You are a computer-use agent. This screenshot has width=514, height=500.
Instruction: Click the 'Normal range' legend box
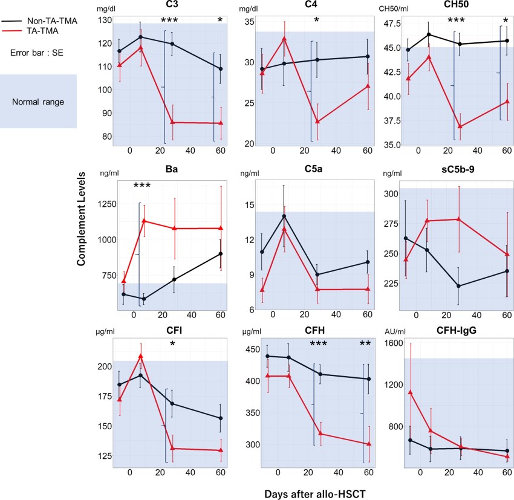[x=38, y=101]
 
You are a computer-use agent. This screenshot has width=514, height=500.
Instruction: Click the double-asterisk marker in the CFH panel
[x=365, y=344]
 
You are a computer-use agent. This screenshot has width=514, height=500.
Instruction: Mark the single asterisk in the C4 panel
[x=316, y=21]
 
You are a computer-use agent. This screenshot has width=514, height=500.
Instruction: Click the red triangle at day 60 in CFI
[x=221, y=450]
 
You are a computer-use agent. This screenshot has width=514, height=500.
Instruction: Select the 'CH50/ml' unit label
[x=394, y=8]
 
